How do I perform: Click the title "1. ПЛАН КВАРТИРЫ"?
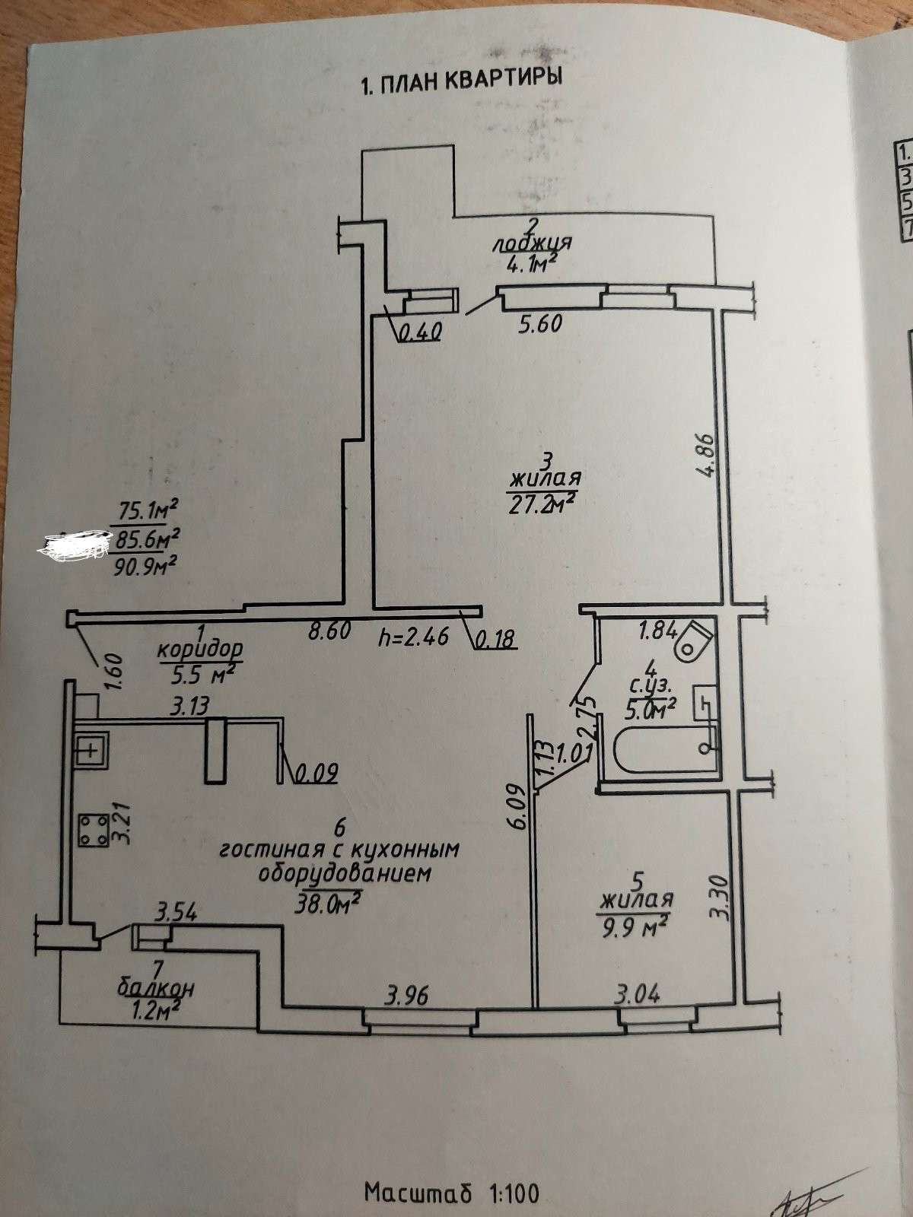click(x=461, y=81)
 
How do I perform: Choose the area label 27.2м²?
click(x=542, y=504)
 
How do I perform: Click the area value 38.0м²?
click(x=330, y=903)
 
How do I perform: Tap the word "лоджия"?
click(x=532, y=243)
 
